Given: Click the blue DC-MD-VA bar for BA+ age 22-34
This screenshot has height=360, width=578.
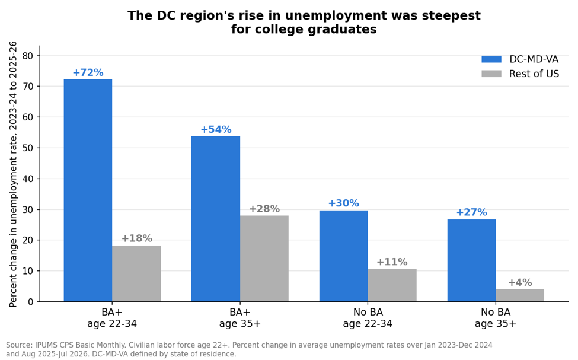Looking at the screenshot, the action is (x=88, y=190).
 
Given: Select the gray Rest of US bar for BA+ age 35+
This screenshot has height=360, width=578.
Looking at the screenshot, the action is (x=264, y=259).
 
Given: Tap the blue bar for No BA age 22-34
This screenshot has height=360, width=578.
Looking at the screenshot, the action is (x=343, y=256).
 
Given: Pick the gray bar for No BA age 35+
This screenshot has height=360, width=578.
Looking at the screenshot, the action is (x=520, y=295).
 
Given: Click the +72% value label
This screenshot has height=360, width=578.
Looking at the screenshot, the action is (x=88, y=72).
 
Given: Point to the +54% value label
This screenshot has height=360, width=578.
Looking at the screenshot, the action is (x=216, y=129).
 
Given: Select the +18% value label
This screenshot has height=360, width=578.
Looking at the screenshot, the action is (x=137, y=238).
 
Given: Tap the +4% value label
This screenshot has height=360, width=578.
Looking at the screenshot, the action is (x=520, y=282).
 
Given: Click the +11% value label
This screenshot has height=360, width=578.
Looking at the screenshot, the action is (x=392, y=262).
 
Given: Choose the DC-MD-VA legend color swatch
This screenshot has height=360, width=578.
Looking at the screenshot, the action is (x=491, y=59).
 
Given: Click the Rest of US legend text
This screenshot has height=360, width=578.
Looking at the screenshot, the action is (x=534, y=74).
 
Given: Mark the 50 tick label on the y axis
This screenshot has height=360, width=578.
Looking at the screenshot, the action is (x=28, y=148).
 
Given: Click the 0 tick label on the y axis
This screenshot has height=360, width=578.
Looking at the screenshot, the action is (x=31, y=302).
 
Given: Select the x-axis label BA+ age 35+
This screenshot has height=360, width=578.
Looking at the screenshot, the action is (x=240, y=318).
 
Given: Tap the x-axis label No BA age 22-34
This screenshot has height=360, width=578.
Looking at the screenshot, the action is (x=368, y=318).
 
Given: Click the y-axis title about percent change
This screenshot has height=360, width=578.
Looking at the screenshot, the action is (x=13, y=174).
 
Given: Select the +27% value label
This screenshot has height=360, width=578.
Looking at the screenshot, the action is (x=471, y=212).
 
